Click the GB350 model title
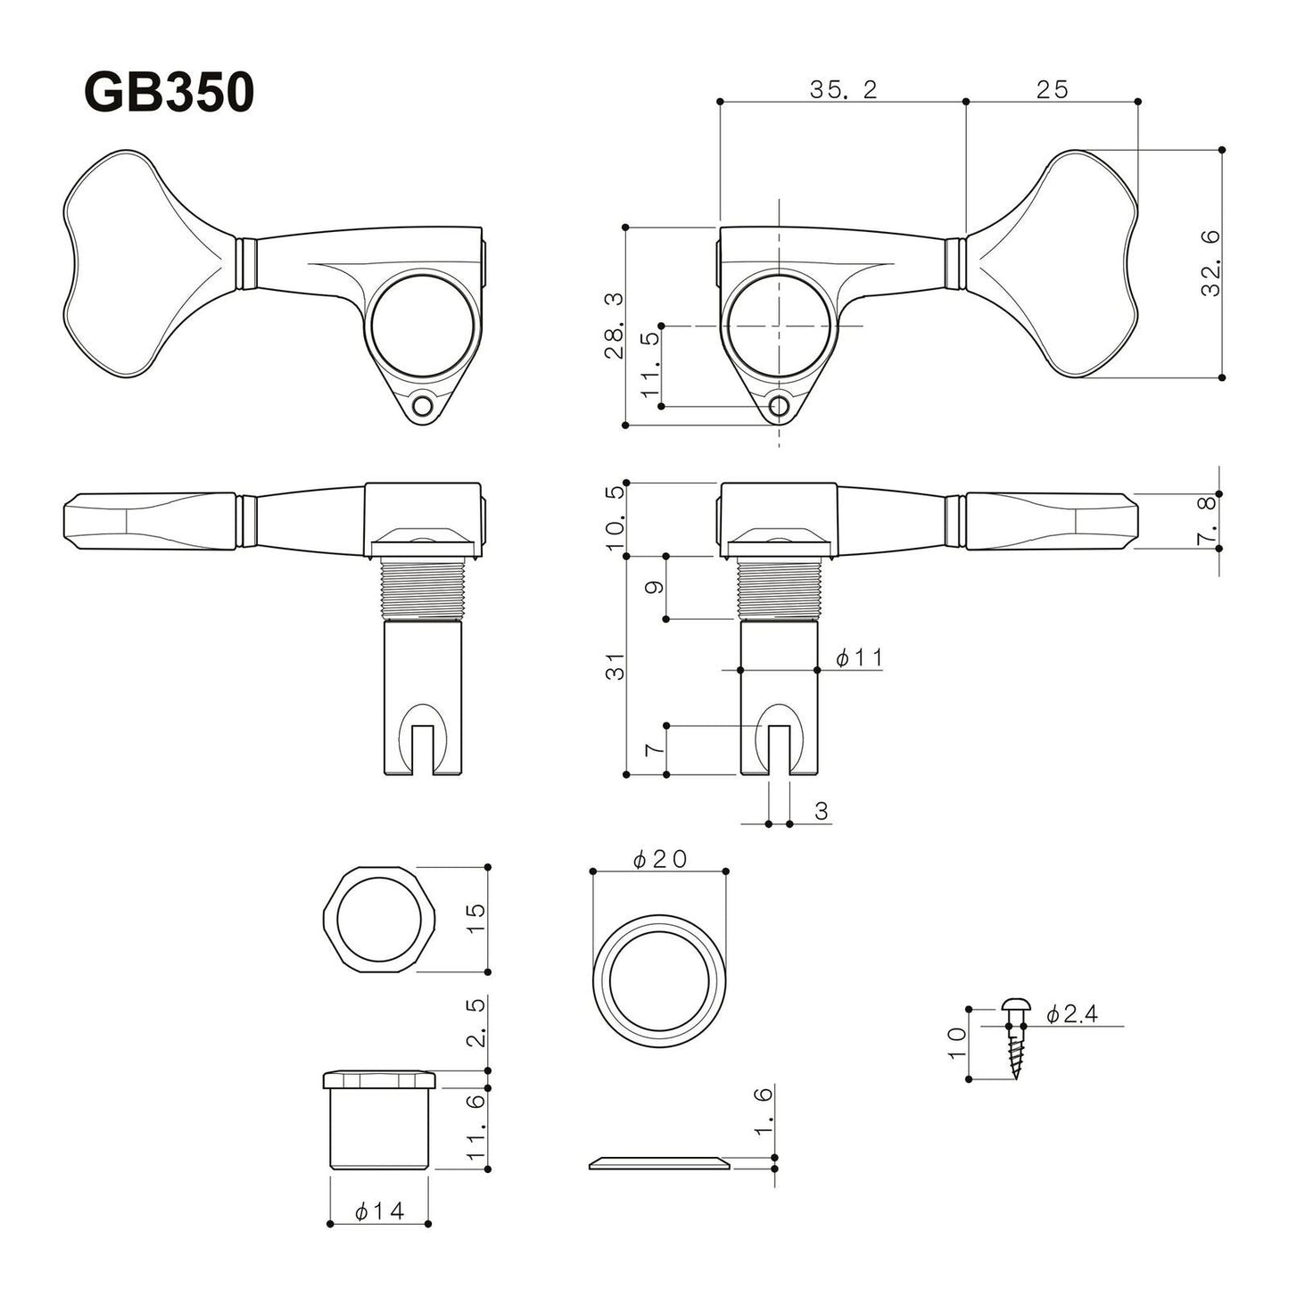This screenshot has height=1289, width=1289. click(169, 93)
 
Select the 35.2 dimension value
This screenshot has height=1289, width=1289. click(843, 89)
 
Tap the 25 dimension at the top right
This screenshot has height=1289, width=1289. click(1052, 89)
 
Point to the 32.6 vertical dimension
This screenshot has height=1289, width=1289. click(1210, 264)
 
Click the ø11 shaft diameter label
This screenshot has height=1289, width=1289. click(858, 658)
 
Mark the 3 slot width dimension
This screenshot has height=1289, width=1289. click(822, 811)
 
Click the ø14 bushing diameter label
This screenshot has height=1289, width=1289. click(379, 1211)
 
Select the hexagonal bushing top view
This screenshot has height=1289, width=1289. click(378, 919)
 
